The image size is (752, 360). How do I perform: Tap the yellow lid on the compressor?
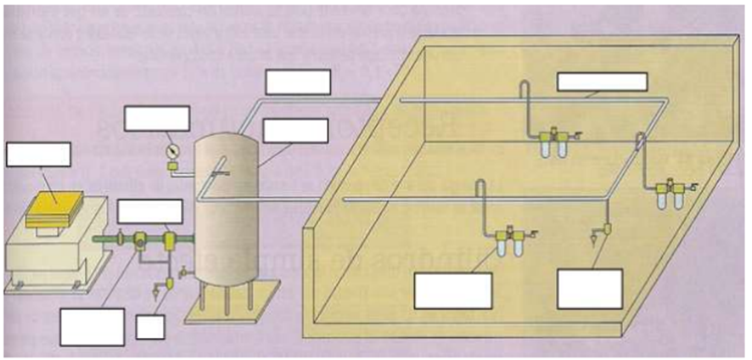[55, 209]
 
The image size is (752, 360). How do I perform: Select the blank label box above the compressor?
[37, 155]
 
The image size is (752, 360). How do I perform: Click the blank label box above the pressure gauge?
[156, 118]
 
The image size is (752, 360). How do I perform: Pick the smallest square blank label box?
[149, 327]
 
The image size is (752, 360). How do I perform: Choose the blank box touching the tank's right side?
[295, 131]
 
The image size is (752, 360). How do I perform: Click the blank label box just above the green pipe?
[149, 211]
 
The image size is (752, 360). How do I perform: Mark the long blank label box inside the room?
[602, 82]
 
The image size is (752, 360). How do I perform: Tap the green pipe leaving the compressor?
[107, 239]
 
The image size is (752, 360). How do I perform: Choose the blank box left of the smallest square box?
[93, 327]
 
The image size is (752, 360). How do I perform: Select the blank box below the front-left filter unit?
[452, 291]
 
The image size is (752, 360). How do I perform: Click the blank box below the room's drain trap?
[590, 289]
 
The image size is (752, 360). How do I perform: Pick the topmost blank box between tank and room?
[297, 82]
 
